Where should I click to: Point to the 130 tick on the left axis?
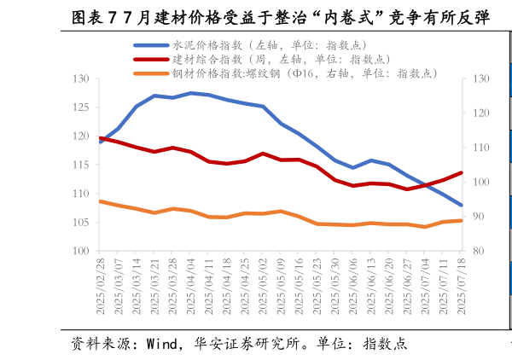click(x=82, y=78)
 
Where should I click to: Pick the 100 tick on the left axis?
click(x=82, y=251)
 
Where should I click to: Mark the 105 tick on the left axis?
click(x=82, y=223)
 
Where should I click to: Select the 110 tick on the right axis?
click(x=477, y=148)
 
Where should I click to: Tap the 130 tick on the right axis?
click(x=477, y=78)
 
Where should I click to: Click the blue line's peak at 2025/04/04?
click(x=191, y=93)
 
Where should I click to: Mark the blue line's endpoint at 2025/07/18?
click(x=462, y=205)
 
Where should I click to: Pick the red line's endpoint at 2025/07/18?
click(x=462, y=172)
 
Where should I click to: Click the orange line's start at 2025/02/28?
click(x=101, y=201)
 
